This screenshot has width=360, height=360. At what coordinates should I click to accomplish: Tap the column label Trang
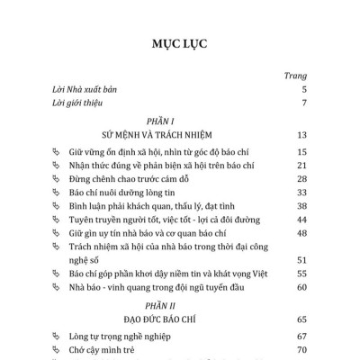pyautogui.click(x=295, y=76)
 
